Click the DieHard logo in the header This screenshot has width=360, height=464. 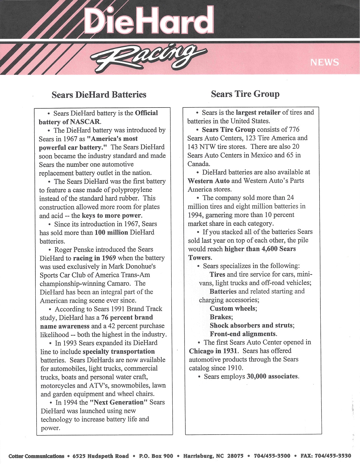149,20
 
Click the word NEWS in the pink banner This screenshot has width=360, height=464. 324,62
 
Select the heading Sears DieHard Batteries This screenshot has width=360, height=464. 99,94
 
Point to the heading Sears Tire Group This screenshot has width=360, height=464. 245,94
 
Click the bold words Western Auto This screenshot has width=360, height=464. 208,181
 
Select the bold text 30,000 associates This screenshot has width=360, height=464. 272,376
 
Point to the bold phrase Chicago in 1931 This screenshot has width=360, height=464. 213,351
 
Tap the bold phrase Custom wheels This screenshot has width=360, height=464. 233,308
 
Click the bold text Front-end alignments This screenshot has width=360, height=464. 243,334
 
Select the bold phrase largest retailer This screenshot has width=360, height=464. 258,112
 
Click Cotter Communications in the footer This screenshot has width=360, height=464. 37,456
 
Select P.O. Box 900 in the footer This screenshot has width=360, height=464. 156,456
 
